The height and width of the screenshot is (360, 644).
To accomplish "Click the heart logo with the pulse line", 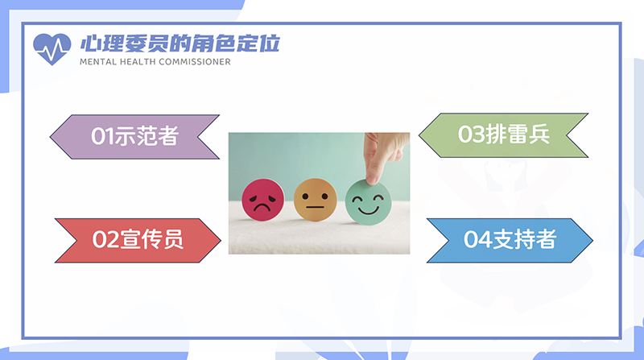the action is click(52, 48).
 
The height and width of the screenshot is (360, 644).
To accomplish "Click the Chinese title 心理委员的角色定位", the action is click(180, 43).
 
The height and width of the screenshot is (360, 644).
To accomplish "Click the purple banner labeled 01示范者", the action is click(134, 137).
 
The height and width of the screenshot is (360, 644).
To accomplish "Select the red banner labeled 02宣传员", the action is click(138, 241).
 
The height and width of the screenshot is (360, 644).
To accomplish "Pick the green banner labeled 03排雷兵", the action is click(504, 135).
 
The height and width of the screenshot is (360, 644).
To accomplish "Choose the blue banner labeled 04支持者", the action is click(510, 241).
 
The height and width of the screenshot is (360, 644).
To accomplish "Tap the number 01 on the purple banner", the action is click(102, 136).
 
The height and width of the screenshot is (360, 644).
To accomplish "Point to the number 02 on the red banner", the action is click(105, 239).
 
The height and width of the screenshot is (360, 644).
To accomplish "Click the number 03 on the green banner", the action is click(471, 134).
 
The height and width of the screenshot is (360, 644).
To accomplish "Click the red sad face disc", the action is click(263, 200).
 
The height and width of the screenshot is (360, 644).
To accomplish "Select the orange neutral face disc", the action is click(315, 200).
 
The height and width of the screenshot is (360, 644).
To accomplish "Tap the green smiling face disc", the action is click(368, 202).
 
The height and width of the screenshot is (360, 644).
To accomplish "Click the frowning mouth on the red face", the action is click(262, 206).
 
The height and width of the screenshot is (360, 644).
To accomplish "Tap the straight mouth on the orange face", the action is click(315, 207).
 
